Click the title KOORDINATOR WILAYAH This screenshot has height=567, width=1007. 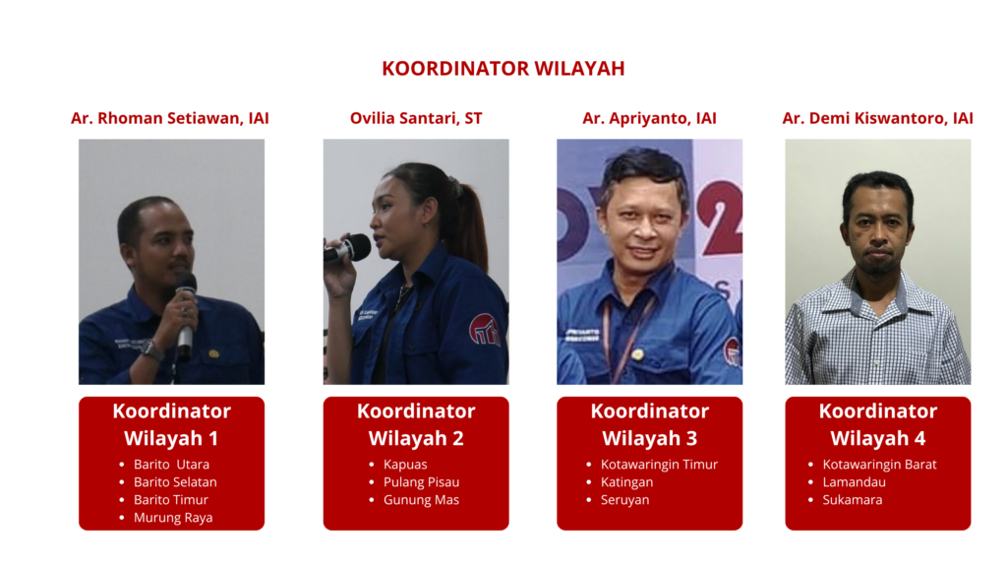503,68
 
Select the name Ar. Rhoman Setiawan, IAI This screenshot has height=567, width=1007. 169,118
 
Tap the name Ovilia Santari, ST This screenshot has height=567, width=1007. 416,118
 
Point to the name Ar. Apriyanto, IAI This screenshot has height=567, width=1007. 649,118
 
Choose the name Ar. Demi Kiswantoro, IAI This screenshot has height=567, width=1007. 877,118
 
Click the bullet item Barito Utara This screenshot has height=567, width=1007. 171,465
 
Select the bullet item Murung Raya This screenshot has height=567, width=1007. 173,518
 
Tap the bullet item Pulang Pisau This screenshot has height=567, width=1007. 421,482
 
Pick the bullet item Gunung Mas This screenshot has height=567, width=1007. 421,500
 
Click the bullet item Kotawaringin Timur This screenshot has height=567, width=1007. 659,465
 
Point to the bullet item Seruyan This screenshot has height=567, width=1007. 624,500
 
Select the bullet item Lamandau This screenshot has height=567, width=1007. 855,482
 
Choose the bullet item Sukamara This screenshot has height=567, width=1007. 853,500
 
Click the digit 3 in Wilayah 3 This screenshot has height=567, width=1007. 691,438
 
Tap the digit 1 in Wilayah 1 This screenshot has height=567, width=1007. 213,438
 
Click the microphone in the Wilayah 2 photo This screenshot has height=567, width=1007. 347,249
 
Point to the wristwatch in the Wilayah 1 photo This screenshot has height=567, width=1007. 150,350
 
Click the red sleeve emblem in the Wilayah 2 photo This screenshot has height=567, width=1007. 485,330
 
